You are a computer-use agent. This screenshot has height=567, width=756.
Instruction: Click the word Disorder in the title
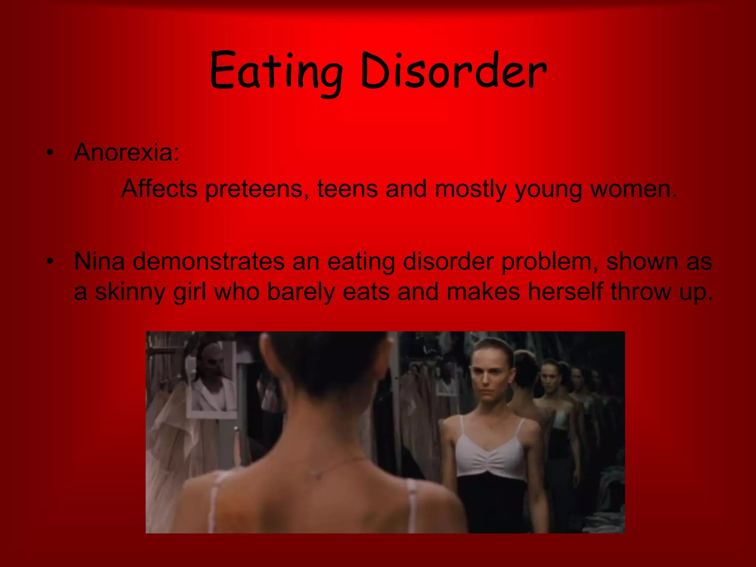pos(453,71)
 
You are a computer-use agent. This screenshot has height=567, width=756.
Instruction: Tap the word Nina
pos(99,261)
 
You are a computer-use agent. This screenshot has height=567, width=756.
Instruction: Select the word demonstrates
pos(209,261)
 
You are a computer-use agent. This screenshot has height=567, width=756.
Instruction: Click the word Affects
pos(159,189)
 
